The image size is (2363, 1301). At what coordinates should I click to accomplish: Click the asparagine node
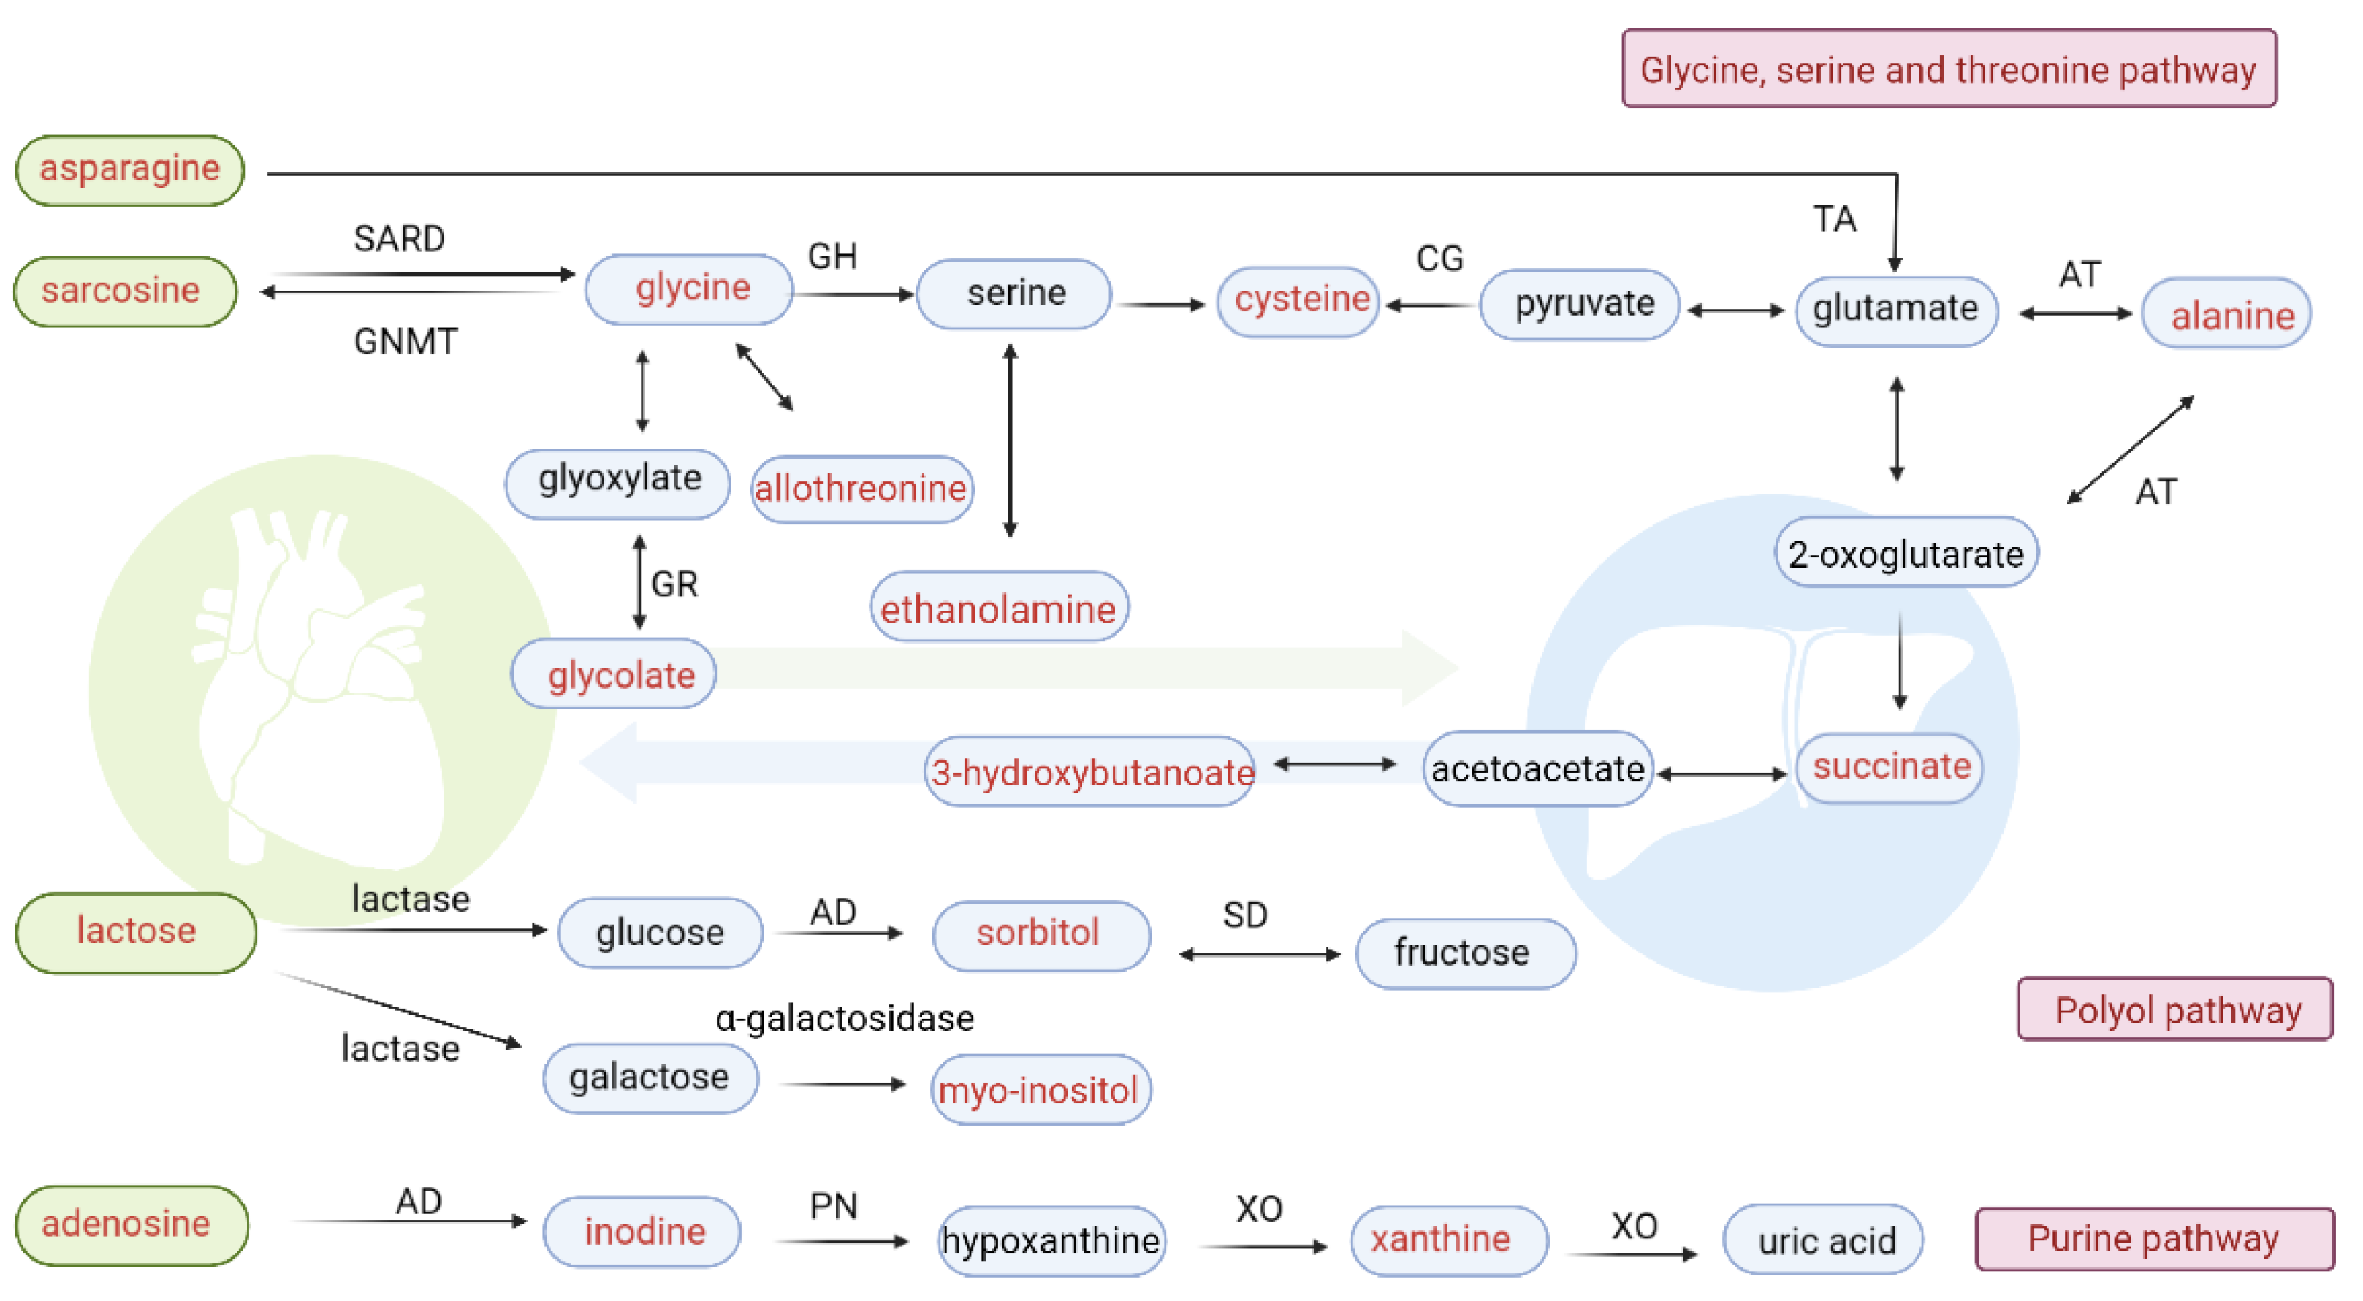[129, 169]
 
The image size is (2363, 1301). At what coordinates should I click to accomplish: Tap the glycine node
[689, 289]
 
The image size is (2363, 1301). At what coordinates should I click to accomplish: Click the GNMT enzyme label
[405, 342]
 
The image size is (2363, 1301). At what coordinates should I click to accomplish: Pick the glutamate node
[1895, 310]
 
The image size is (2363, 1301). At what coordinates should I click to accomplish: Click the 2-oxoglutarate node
[1906, 553]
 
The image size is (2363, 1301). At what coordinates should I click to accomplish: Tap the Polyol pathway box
[2175, 1010]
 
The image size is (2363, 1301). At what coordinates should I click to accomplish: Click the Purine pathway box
[2153, 1239]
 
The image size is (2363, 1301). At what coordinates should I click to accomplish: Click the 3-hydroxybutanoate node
[1089, 772]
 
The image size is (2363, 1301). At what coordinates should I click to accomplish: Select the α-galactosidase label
[844, 1018]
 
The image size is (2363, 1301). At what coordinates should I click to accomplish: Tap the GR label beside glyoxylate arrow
[674, 584]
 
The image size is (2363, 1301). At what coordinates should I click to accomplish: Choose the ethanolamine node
[998, 608]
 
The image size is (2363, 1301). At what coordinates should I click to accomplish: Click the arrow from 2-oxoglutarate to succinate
[1899, 660]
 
